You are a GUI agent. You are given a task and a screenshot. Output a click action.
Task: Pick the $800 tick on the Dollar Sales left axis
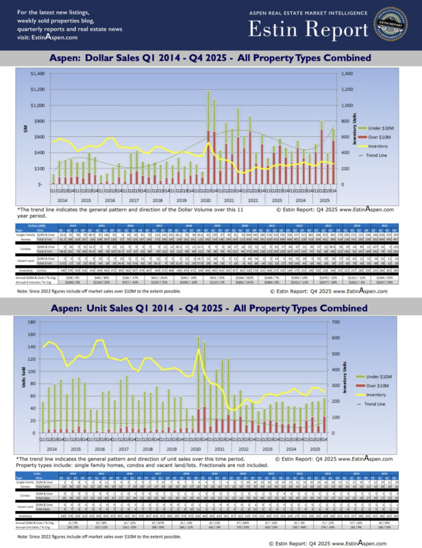pyautogui.click(x=38, y=121)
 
